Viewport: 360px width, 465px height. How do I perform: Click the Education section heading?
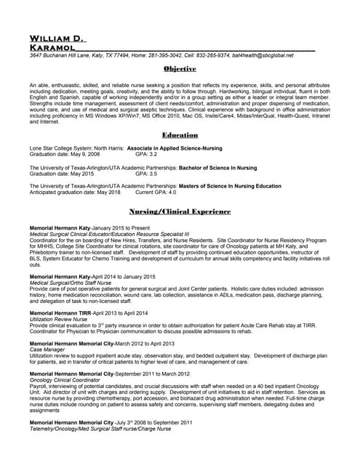pos(180,135)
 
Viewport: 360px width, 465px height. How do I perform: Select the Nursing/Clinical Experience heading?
pos(180,211)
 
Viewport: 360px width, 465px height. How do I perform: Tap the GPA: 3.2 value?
pos(146,155)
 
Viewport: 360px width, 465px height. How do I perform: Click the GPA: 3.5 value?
pos(146,174)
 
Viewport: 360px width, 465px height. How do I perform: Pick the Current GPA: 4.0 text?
pos(156,193)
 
